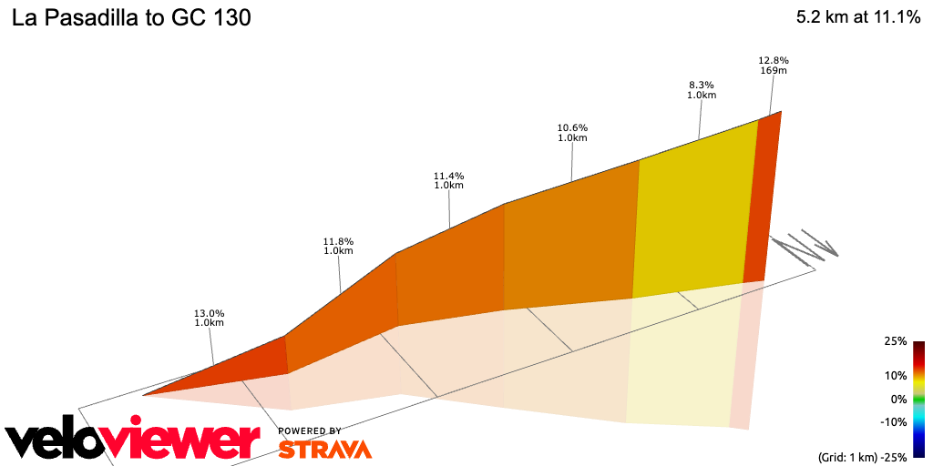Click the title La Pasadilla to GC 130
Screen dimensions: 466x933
coord(131,17)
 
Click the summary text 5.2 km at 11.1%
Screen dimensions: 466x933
coord(857,17)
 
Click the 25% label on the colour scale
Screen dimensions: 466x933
coord(895,341)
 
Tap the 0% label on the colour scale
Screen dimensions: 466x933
coord(898,399)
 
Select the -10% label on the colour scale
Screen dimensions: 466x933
coord(894,421)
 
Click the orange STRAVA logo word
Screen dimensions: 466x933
coord(324,449)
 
